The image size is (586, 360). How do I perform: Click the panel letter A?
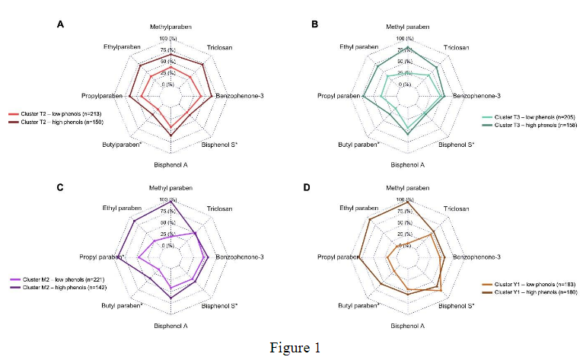[x=60, y=24]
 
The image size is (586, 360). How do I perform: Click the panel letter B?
[x=316, y=24]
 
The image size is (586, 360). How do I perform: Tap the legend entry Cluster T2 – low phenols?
[x=61, y=113]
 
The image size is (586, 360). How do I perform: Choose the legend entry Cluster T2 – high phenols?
[x=62, y=121]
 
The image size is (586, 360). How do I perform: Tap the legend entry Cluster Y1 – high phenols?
[x=524, y=292]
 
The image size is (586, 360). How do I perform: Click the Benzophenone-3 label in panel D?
[x=476, y=257]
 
